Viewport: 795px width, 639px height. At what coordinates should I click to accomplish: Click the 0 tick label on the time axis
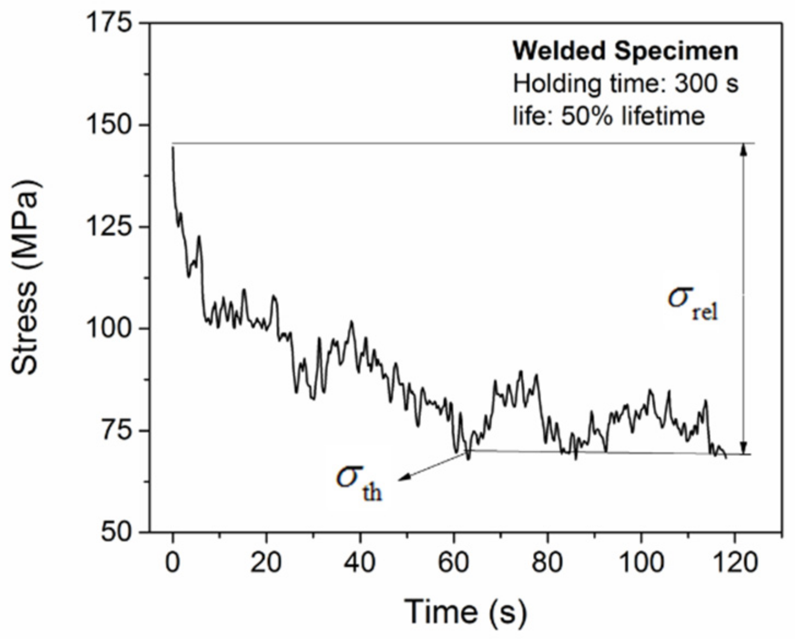click(x=173, y=563)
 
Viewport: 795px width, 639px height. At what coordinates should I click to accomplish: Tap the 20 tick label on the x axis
click(x=266, y=563)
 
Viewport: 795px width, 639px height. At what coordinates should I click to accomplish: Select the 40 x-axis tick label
click(x=360, y=563)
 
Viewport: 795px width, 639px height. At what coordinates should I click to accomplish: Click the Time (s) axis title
click(x=466, y=611)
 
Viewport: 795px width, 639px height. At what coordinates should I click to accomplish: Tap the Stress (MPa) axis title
click(x=26, y=277)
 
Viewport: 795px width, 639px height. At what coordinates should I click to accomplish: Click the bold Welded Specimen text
click(x=625, y=51)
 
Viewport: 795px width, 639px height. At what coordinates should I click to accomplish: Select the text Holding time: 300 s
click(x=625, y=84)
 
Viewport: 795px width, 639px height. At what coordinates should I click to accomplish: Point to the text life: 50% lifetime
click(x=608, y=116)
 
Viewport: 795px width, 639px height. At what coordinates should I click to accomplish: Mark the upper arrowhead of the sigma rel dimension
click(x=743, y=150)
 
